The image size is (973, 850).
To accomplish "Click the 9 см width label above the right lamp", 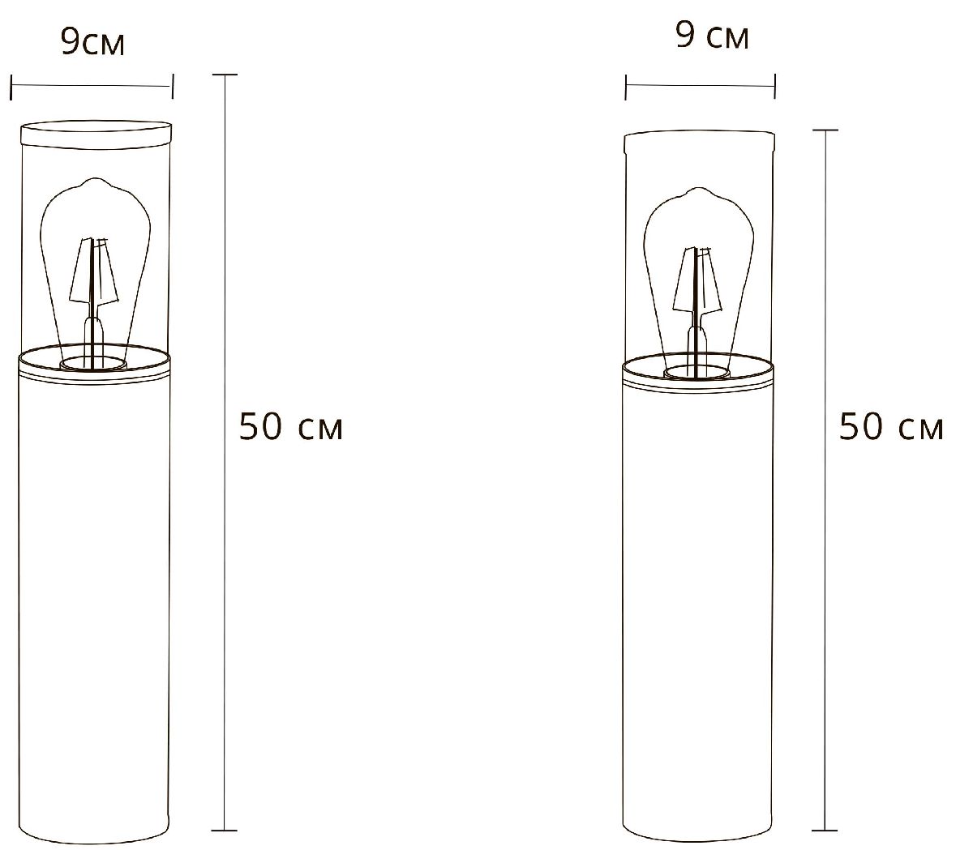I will click(x=713, y=36).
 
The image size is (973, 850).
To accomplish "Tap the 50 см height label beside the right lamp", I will click(x=891, y=427).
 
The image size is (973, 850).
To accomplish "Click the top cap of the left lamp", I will click(x=95, y=133).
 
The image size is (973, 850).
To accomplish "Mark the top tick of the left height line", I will click(x=224, y=75).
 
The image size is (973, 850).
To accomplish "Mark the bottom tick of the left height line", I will click(x=224, y=831).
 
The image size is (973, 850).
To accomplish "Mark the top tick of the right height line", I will click(x=825, y=130).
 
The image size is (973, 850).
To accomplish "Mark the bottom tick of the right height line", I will click(x=825, y=831).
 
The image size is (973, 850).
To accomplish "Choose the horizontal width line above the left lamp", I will click(x=92, y=84).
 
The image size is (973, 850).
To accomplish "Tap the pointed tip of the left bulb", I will click(x=95, y=180).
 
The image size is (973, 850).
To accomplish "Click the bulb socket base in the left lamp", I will click(x=94, y=361).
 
